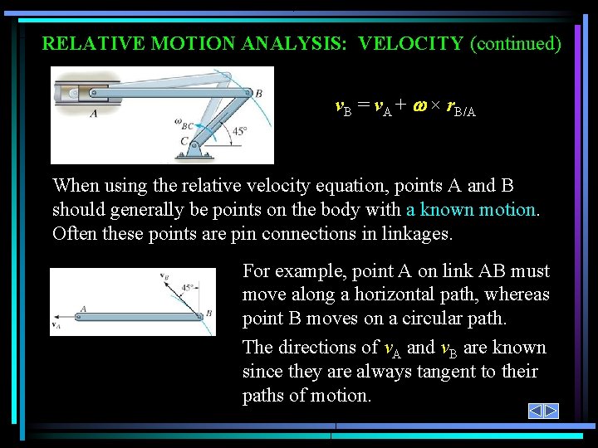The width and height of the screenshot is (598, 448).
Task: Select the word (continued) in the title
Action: click(x=516, y=43)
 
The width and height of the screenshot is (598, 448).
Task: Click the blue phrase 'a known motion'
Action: click(x=472, y=210)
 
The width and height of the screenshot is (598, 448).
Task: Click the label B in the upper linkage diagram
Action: click(x=258, y=94)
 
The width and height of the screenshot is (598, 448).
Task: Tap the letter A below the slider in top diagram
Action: click(x=93, y=114)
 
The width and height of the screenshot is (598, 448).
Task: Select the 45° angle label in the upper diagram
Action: click(x=238, y=131)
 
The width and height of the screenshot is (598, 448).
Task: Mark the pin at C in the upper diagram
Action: click(x=194, y=143)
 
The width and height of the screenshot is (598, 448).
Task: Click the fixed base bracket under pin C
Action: click(x=194, y=153)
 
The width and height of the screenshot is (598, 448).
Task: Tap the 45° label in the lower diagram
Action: click(x=189, y=288)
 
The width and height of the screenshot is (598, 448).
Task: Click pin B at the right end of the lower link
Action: click(x=201, y=315)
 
